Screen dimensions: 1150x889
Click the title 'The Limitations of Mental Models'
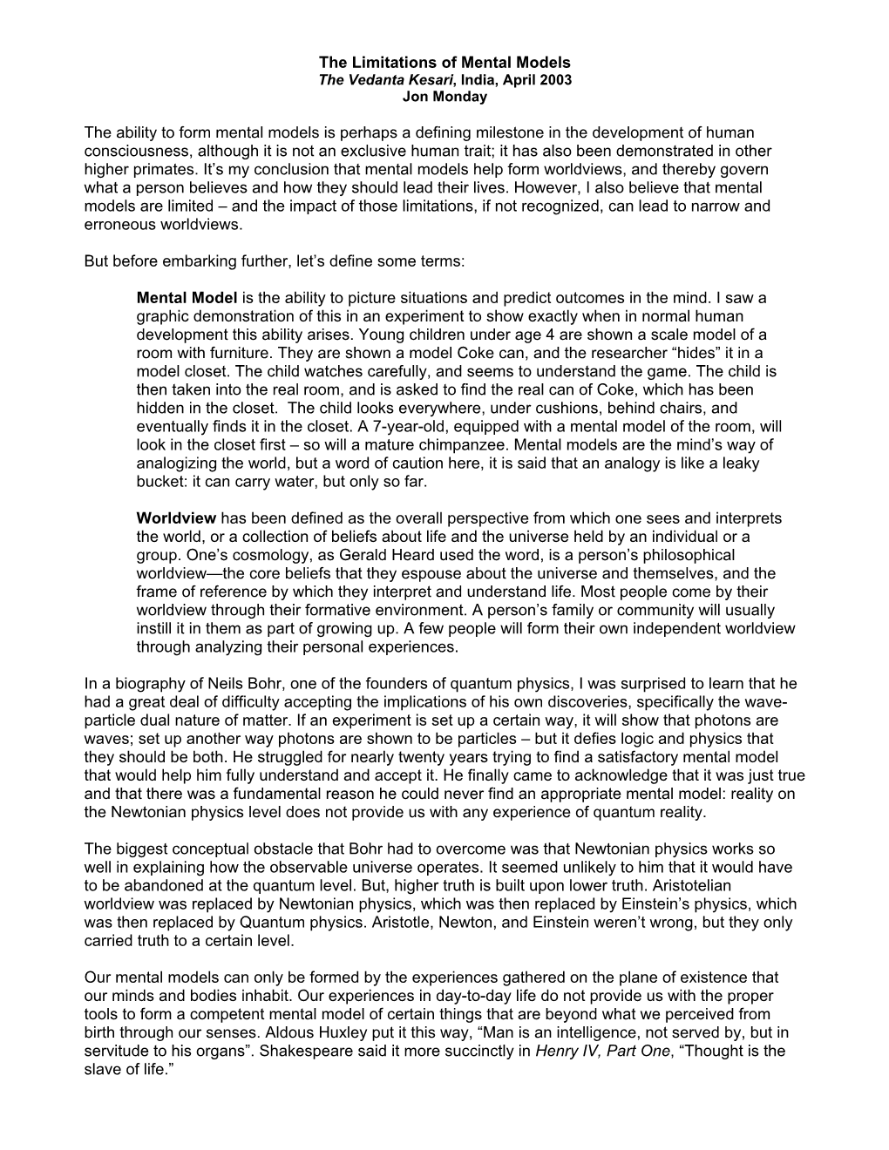[444, 63]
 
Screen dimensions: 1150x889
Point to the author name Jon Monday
[444, 97]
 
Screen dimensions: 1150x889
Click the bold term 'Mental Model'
[187, 298]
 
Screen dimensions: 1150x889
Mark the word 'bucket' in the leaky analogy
[159, 482]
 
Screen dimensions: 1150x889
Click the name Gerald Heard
[352, 555]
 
